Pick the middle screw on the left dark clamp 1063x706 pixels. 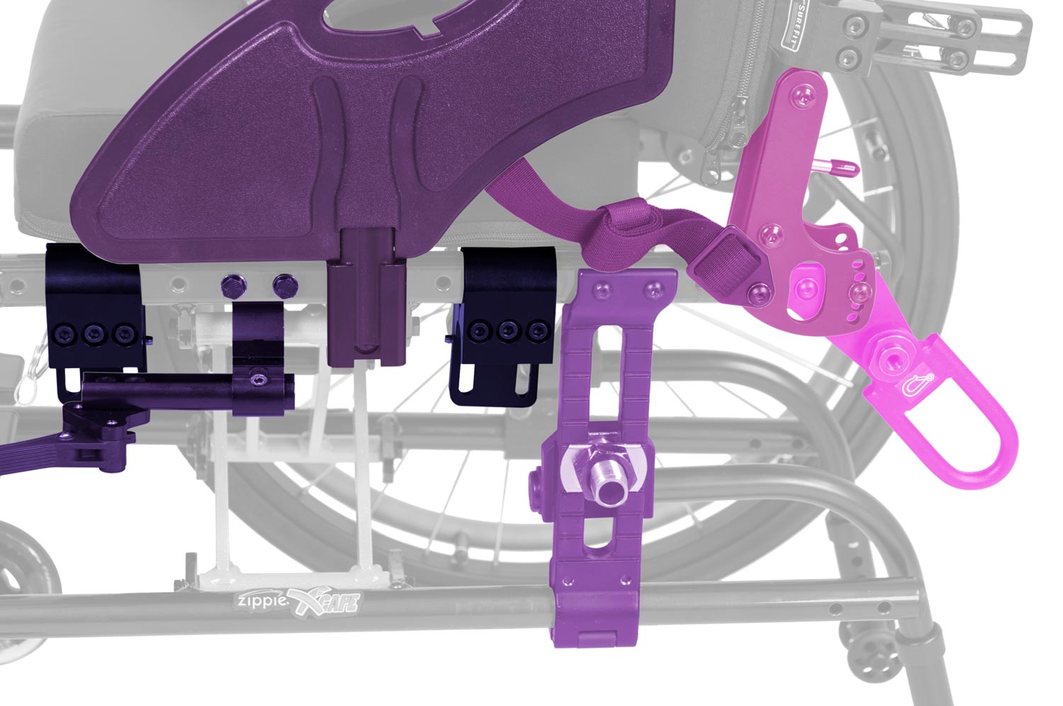pos(92,332)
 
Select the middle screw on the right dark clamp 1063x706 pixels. pos(507,330)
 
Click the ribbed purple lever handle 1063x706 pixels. pos(28,454)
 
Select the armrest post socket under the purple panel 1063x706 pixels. pos(366,298)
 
